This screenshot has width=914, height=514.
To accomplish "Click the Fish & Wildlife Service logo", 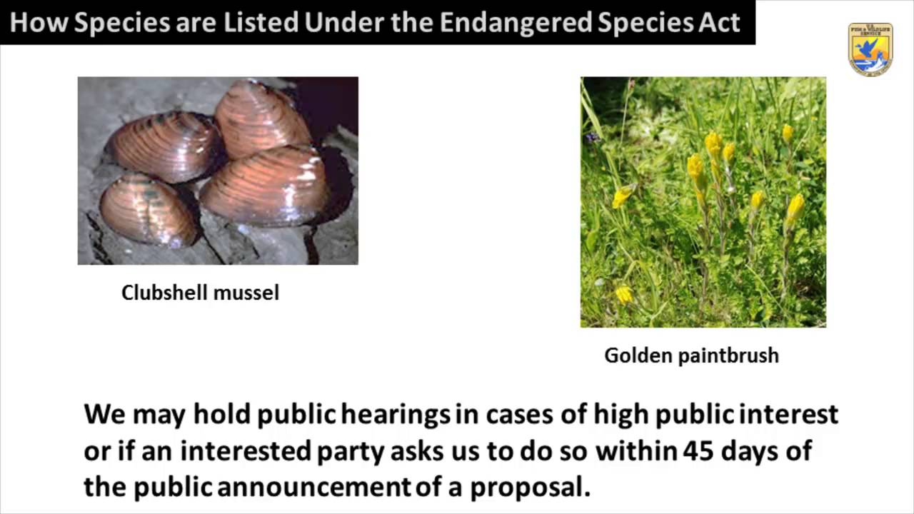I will (870, 49).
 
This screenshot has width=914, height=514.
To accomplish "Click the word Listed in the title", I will (261, 22).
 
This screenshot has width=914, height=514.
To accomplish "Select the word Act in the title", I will (721, 22).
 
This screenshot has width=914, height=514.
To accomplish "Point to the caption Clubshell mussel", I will (200, 292).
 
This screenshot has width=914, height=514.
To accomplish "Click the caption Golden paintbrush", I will (691, 355).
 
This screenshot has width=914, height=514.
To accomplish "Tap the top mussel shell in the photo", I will (261, 119).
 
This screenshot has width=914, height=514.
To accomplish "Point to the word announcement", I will (314, 487).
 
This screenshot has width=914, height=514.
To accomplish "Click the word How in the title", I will (39, 22).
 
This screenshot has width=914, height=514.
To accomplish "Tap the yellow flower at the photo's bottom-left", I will (624, 293).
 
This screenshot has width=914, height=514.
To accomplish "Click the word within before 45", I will (636, 451).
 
